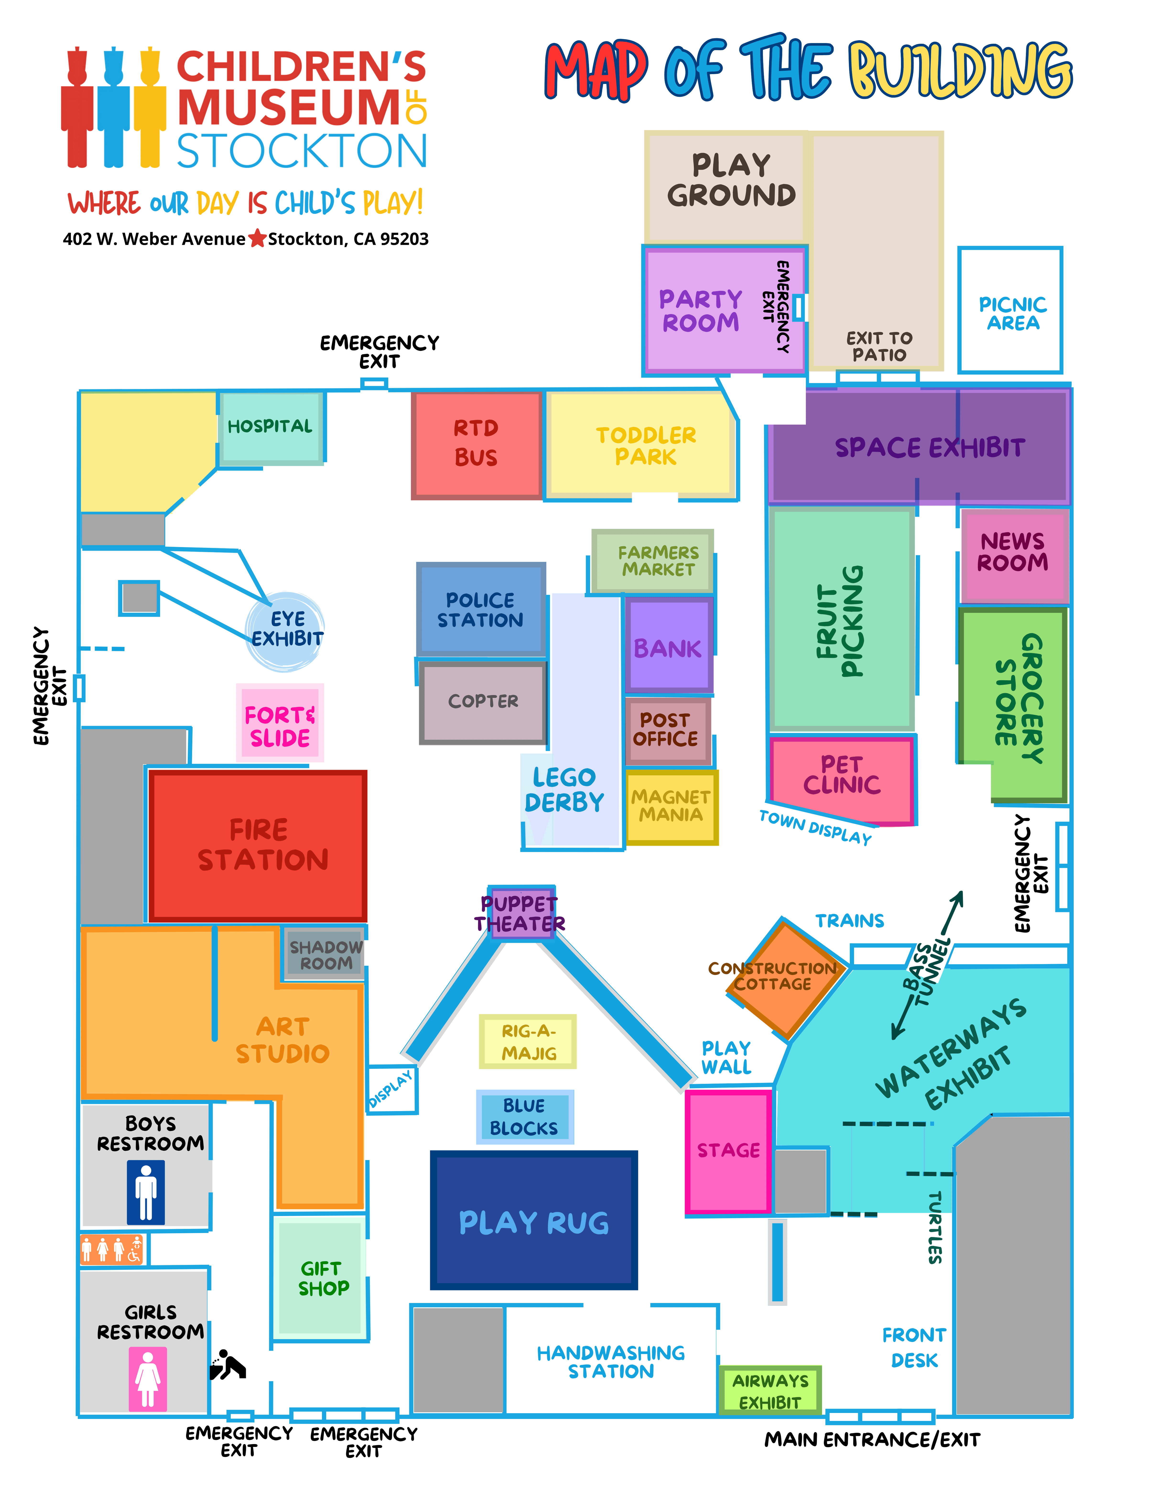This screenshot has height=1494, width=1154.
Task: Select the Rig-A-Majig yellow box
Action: coord(527,1041)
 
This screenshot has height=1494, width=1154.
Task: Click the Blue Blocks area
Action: coord(525,1116)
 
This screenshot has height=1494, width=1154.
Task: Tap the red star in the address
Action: coord(257,239)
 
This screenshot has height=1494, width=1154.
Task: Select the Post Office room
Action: coord(667,730)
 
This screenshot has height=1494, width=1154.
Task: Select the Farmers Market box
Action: coord(653,561)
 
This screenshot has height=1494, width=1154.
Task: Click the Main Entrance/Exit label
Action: coord(872,1440)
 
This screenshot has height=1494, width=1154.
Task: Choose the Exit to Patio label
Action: coord(879,346)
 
